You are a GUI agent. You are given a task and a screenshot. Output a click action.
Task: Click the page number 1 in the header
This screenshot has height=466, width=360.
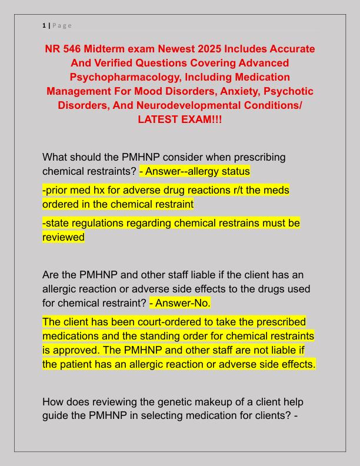pyautogui.click(x=44, y=25)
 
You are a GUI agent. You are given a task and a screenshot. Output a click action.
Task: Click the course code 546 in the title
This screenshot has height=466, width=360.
pyautogui.click(x=78, y=48)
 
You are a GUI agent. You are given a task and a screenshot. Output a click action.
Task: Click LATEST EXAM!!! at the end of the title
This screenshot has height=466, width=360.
pyautogui.click(x=179, y=119)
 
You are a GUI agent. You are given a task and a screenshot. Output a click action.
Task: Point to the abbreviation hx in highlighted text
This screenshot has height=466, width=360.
pyautogui.click(x=95, y=190)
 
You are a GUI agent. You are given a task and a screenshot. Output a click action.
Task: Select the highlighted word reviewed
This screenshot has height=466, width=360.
pyautogui.click(x=64, y=237)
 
